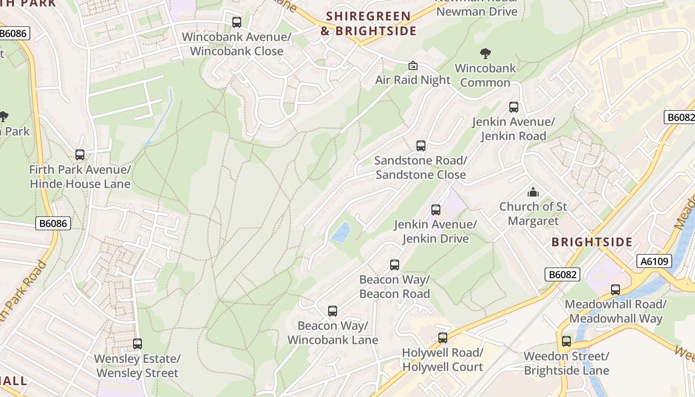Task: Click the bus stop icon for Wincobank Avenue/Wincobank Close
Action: [x=237, y=22]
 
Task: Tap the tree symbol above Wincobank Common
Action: [x=486, y=54]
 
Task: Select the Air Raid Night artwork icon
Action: [x=413, y=66]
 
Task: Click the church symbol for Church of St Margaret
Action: [x=533, y=192]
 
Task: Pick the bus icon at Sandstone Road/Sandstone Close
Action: [x=421, y=146]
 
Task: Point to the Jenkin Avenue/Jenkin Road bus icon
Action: [x=514, y=107]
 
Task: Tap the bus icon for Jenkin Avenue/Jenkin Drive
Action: [x=436, y=210]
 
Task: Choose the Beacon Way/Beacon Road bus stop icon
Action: [x=395, y=265]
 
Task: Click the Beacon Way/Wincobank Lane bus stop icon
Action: [x=333, y=311]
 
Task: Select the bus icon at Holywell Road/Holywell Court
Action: [x=443, y=338]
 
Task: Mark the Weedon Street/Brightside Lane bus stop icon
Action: [x=566, y=341]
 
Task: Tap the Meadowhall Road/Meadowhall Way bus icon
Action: [x=616, y=290]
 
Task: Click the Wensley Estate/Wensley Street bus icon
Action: [x=138, y=344]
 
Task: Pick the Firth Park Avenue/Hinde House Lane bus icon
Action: [x=80, y=155]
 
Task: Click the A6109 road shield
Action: [x=654, y=261]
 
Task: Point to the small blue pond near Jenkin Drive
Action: [x=341, y=232]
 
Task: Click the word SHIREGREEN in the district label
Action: [x=368, y=16]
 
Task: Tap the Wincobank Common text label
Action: [x=486, y=75]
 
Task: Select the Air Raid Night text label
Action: [x=413, y=80]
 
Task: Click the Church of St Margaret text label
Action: [x=533, y=213]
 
